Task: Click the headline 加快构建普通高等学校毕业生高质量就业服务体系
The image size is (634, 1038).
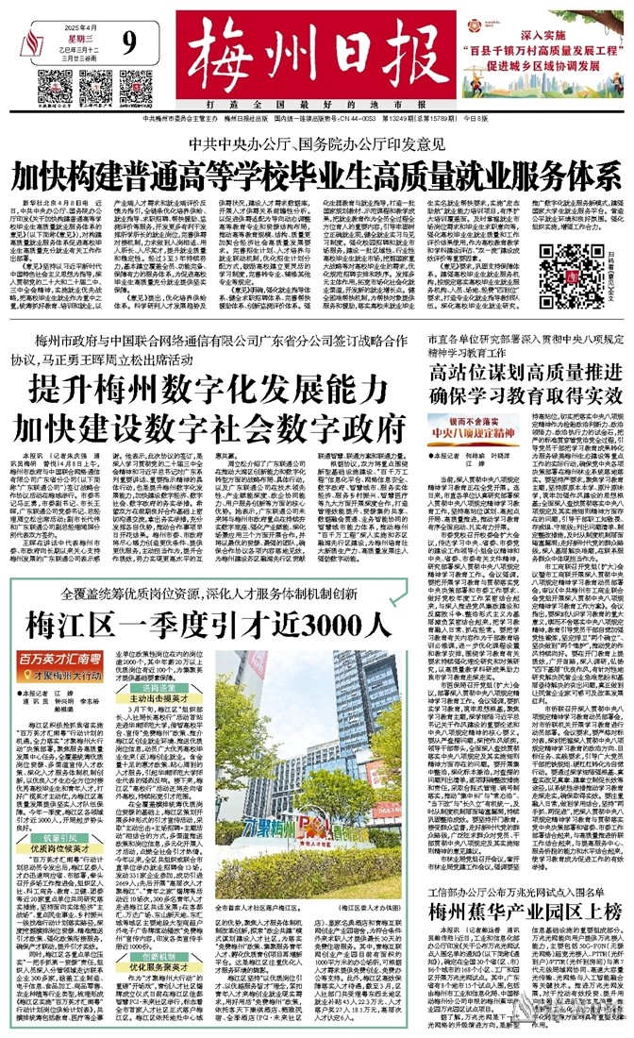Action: pos(317,176)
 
